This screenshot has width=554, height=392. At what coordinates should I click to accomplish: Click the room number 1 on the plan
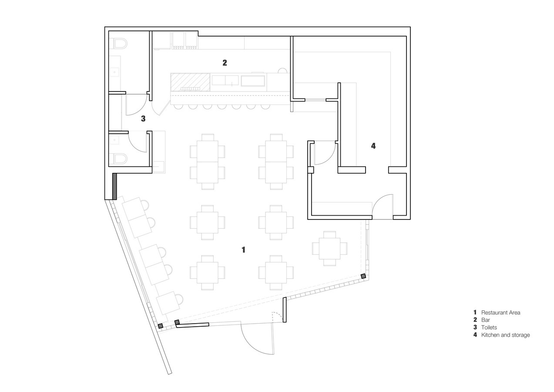click(243, 250)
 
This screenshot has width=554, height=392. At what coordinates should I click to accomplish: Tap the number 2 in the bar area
click(225, 63)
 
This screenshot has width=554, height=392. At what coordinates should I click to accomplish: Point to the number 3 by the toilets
click(143, 118)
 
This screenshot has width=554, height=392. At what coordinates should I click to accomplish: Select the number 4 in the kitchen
click(373, 146)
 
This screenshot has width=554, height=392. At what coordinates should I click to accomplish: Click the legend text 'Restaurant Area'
click(500, 313)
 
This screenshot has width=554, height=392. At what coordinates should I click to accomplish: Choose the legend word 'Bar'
click(486, 320)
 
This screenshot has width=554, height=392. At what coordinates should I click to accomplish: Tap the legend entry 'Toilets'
click(489, 328)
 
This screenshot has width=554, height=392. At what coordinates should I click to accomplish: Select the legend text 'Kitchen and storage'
click(506, 335)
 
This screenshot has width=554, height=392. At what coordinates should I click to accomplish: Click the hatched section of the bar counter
click(190, 82)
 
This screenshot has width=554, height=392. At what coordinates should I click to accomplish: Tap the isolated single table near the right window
click(329, 248)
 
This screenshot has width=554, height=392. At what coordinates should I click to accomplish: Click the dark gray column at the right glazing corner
click(363, 276)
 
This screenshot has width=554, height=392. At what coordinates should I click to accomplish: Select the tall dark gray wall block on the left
click(114, 186)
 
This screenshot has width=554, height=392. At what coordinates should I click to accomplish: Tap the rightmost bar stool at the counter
click(265, 107)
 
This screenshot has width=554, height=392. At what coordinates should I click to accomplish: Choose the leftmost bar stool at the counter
click(178, 107)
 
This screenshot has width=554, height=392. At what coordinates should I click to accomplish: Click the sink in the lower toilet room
click(114, 140)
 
